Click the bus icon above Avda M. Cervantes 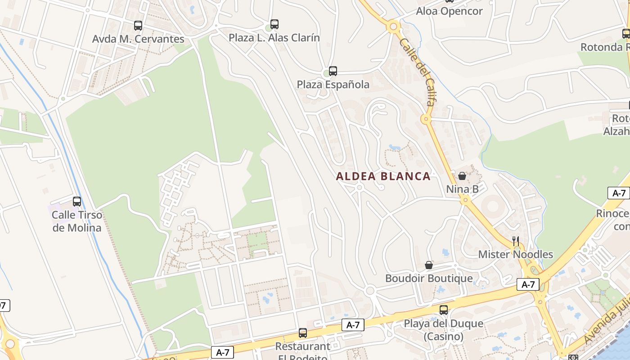(x=138, y=26)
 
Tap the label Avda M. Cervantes (x=138, y=39)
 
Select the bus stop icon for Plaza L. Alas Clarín (x=274, y=24)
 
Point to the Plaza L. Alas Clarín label (x=274, y=38)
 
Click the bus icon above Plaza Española (x=333, y=71)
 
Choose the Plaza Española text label (x=333, y=85)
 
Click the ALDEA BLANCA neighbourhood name (x=383, y=176)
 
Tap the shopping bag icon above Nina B (x=462, y=176)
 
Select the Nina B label (x=462, y=189)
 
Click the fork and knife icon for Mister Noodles (x=516, y=241)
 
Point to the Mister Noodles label (x=515, y=255)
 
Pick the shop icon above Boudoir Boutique (x=429, y=265)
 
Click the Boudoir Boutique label (x=429, y=279)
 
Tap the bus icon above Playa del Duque (x=444, y=310)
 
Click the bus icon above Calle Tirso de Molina (x=77, y=202)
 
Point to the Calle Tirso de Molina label (x=77, y=221)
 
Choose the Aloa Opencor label (x=449, y=11)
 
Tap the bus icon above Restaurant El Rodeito (x=303, y=333)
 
